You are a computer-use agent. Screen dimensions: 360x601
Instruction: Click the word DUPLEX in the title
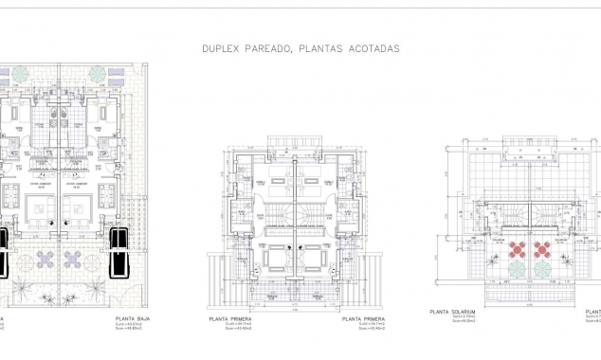[x=219, y=46]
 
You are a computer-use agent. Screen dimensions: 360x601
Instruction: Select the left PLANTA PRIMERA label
[x=230, y=319]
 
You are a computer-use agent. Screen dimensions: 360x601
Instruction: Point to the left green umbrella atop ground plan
[x=21, y=74]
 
